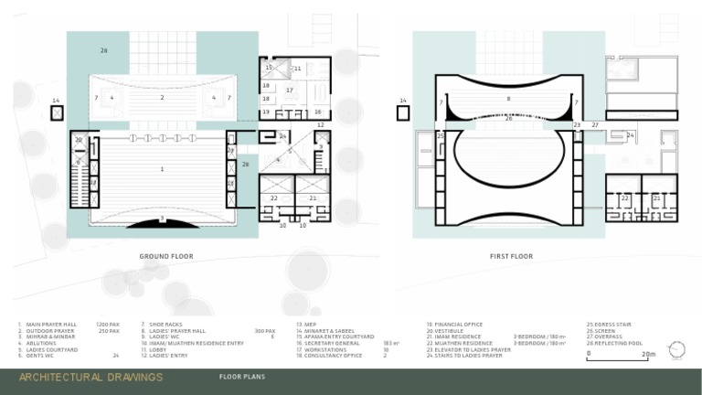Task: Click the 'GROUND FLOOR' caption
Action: coord(166,256)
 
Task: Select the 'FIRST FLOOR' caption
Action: coord(511,256)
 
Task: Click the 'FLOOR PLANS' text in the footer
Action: coord(242,377)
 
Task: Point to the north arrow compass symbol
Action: coord(676,349)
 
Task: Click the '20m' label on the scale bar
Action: coord(648,354)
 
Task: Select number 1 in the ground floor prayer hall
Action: coord(163,169)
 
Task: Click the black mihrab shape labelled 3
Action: coord(163,221)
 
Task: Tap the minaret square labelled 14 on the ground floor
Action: coord(57,112)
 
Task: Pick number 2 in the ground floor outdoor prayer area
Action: coord(162,97)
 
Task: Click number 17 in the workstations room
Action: coord(289,91)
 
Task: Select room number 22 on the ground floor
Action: coord(274,197)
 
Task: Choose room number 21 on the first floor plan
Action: coord(656,197)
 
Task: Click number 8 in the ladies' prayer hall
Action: coord(508,97)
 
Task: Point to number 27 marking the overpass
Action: coord(595,124)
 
